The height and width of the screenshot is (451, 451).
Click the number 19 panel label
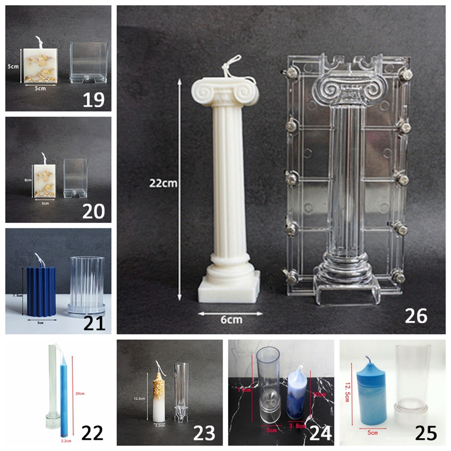(93, 99)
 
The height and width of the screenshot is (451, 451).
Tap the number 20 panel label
(93, 210)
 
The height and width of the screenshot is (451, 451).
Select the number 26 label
(415, 316)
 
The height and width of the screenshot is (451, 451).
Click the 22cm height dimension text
(165, 183)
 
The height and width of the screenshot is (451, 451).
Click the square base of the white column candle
(229, 289)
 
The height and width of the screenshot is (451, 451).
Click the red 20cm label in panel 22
(80, 394)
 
